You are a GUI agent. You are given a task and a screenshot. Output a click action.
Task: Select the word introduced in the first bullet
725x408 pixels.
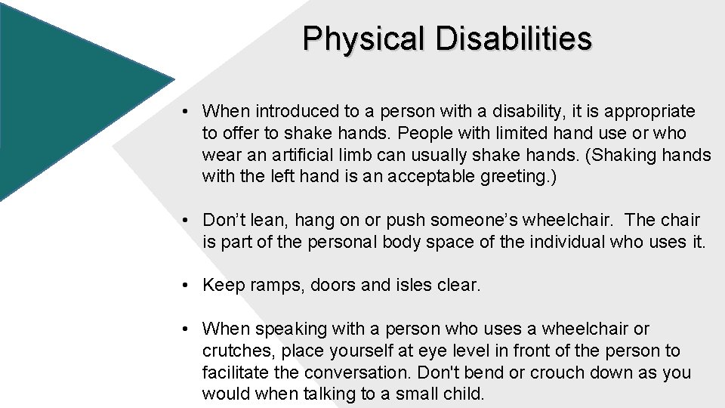298,112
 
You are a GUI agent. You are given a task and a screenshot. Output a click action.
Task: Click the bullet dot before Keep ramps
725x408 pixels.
185,286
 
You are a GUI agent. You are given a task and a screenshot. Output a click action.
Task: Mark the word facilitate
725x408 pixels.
234,373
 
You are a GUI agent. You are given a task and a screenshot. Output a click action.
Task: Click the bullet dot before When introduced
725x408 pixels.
185,112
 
